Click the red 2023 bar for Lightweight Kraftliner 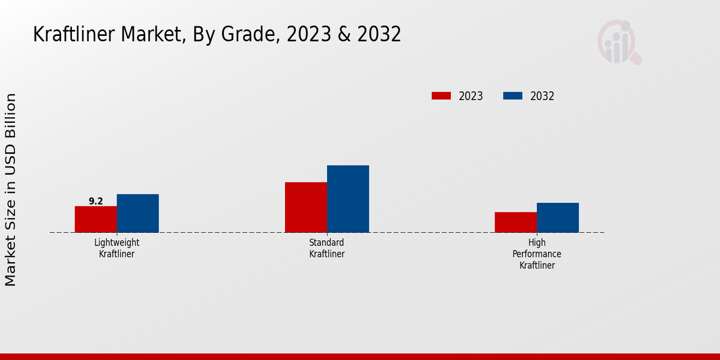tap(95, 219)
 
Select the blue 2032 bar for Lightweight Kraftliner tap(137, 213)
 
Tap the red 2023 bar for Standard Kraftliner tap(305, 207)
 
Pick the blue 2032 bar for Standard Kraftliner tap(347, 199)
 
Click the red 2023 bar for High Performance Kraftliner tap(515, 222)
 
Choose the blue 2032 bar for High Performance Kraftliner tap(557, 217)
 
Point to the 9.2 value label tap(96, 202)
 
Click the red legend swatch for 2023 tap(441, 96)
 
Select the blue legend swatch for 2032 tap(513, 96)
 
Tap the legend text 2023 tap(471, 96)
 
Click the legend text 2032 tap(542, 96)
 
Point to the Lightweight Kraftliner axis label tap(116, 248)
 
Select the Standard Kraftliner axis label tap(326, 248)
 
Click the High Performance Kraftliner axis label tap(537, 254)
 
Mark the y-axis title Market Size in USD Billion tap(11, 190)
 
